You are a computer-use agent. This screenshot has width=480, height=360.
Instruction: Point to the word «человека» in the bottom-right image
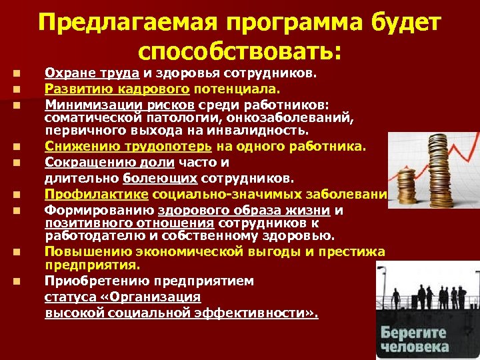coord(415,347)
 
